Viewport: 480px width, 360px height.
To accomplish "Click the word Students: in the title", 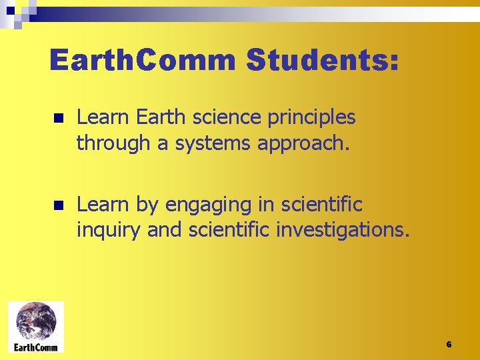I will pyautogui.click(x=323, y=61).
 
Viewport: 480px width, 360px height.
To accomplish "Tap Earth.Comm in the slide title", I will pyautogui.click(x=143, y=61).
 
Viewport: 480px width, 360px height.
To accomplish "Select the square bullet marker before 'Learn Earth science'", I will pyautogui.click(x=59, y=119).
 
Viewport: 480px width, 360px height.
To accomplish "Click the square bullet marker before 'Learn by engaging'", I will pyautogui.click(x=59, y=205).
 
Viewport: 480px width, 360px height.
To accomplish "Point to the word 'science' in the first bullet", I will pyautogui.click(x=217, y=118).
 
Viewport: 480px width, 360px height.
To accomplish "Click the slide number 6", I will pyautogui.click(x=449, y=345).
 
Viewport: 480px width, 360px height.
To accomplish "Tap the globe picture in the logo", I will pyautogui.click(x=36, y=322).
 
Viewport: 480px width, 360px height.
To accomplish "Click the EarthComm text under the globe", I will pyautogui.click(x=36, y=347).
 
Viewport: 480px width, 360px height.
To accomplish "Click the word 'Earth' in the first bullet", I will pyautogui.click(x=159, y=118).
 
